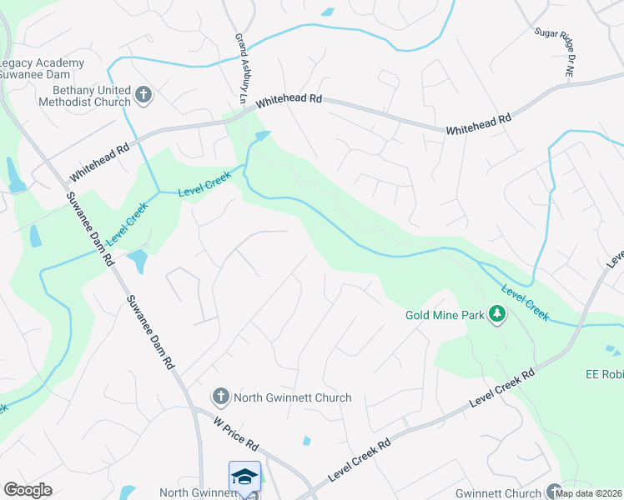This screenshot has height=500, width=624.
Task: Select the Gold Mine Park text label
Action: tap(445, 315)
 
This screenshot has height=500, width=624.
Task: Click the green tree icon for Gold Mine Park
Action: tap(498, 314)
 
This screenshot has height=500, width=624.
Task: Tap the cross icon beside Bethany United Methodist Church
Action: tap(143, 95)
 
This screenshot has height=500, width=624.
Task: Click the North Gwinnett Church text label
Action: tap(292, 397)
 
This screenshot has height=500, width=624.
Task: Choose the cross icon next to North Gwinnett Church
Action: tap(220, 397)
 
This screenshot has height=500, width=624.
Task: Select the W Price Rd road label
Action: tap(235, 434)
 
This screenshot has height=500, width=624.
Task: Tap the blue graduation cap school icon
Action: tap(244, 477)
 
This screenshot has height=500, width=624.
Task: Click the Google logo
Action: tap(28, 490)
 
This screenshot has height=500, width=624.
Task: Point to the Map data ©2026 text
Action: tap(589, 493)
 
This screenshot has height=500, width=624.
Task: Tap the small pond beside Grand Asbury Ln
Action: tap(263, 135)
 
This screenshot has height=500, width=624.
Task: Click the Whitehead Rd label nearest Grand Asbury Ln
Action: tap(289, 100)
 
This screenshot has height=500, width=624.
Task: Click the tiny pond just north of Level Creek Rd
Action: tap(307, 440)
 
